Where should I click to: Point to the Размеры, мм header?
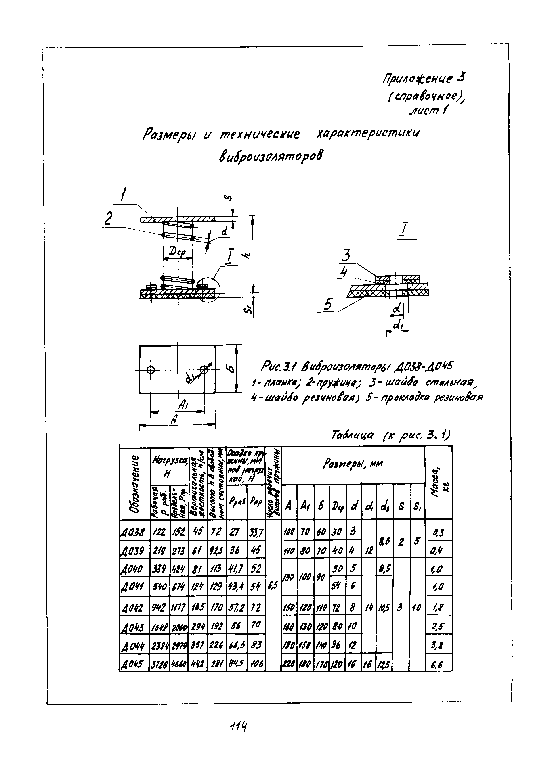[353, 464]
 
